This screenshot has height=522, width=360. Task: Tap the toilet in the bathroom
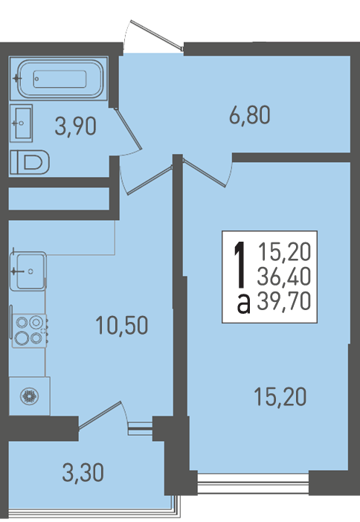(29, 162)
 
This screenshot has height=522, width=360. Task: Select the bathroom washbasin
(21, 123)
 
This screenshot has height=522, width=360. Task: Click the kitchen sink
(28, 271)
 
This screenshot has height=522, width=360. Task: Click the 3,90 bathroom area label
(76, 126)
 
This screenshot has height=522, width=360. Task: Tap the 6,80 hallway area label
(250, 115)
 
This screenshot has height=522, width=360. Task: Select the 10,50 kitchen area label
(121, 325)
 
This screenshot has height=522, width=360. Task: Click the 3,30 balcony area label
(83, 473)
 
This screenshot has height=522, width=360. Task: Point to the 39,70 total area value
(284, 301)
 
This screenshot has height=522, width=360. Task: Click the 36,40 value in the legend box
(284, 277)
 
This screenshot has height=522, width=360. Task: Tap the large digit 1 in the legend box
(240, 265)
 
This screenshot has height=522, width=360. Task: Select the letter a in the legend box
(244, 303)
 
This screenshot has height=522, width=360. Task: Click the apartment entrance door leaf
(157, 35)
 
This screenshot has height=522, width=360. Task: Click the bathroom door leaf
(128, 128)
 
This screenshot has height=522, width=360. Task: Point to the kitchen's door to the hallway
(150, 180)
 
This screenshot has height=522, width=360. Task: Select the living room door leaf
(205, 173)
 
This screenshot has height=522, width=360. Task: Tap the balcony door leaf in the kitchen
(100, 414)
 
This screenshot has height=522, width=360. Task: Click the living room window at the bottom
(253, 483)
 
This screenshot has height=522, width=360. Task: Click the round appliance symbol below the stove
(29, 396)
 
